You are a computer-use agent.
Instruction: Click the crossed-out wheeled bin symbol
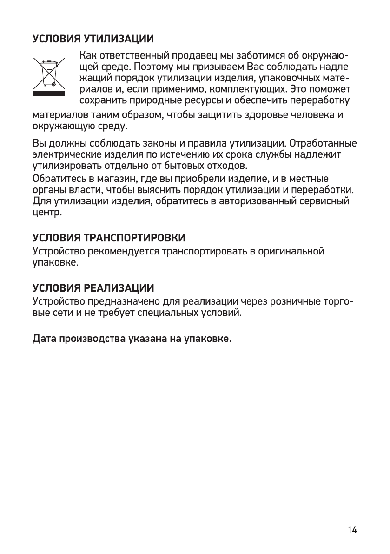coord(49,73)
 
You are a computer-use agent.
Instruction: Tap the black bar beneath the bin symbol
coord(49,93)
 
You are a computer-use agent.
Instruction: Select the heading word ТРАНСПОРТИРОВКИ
coord(133,238)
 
